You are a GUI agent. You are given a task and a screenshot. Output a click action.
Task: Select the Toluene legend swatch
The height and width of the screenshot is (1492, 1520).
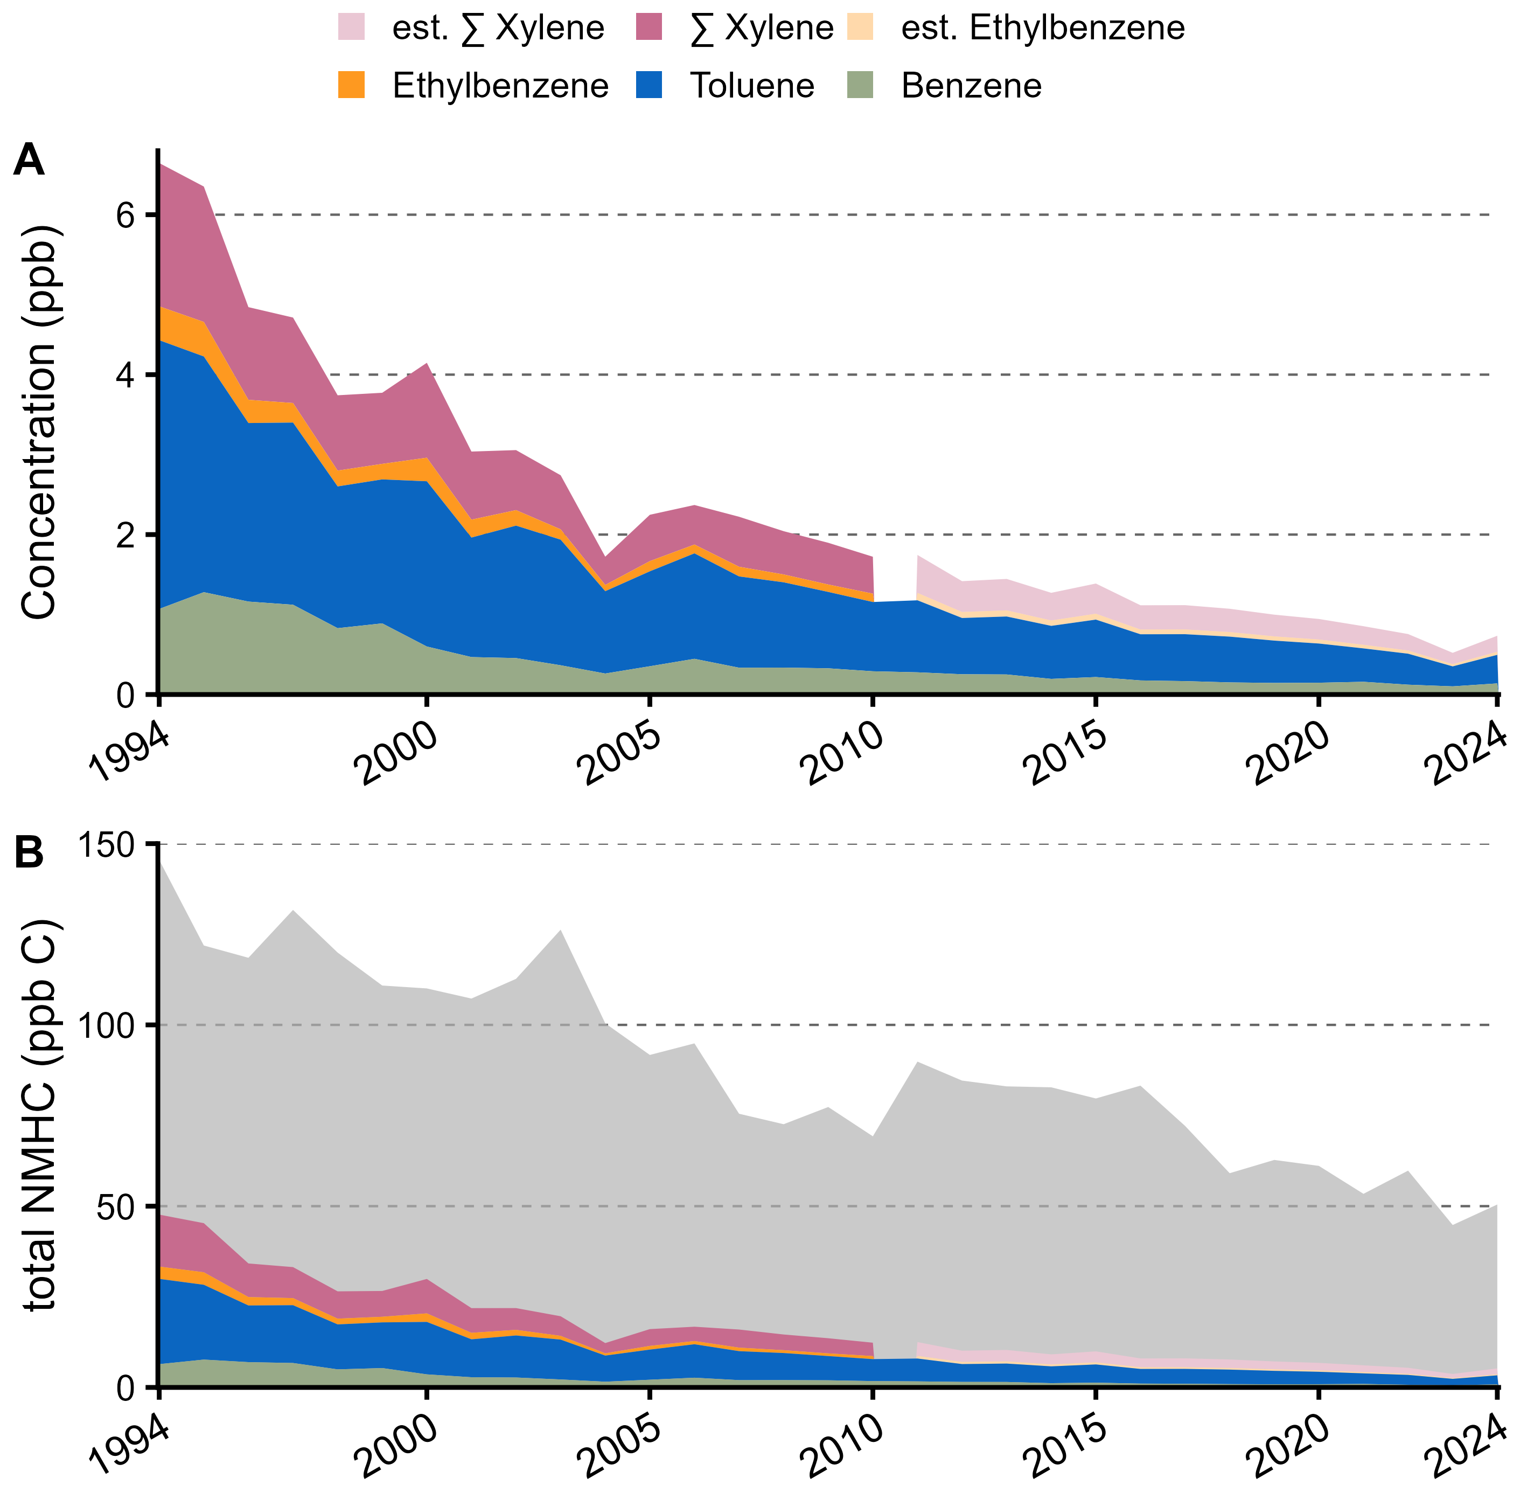coord(650,85)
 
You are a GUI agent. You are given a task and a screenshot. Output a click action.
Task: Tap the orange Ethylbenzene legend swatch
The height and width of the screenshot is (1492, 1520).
coord(352,85)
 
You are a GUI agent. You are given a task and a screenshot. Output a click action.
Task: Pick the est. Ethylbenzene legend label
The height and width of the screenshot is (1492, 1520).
coord(1043,28)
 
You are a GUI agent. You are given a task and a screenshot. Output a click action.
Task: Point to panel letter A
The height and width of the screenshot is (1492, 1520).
coord(29,160)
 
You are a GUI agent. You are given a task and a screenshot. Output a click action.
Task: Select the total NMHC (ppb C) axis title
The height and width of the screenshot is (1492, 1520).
coord(39,1115)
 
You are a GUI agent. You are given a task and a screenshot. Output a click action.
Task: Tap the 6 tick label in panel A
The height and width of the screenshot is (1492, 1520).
coord(126,216)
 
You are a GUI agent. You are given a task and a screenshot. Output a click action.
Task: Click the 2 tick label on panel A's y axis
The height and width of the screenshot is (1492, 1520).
coord(126,535)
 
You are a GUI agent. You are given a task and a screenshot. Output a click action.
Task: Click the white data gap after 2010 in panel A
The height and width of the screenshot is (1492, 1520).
coord(895,580)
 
